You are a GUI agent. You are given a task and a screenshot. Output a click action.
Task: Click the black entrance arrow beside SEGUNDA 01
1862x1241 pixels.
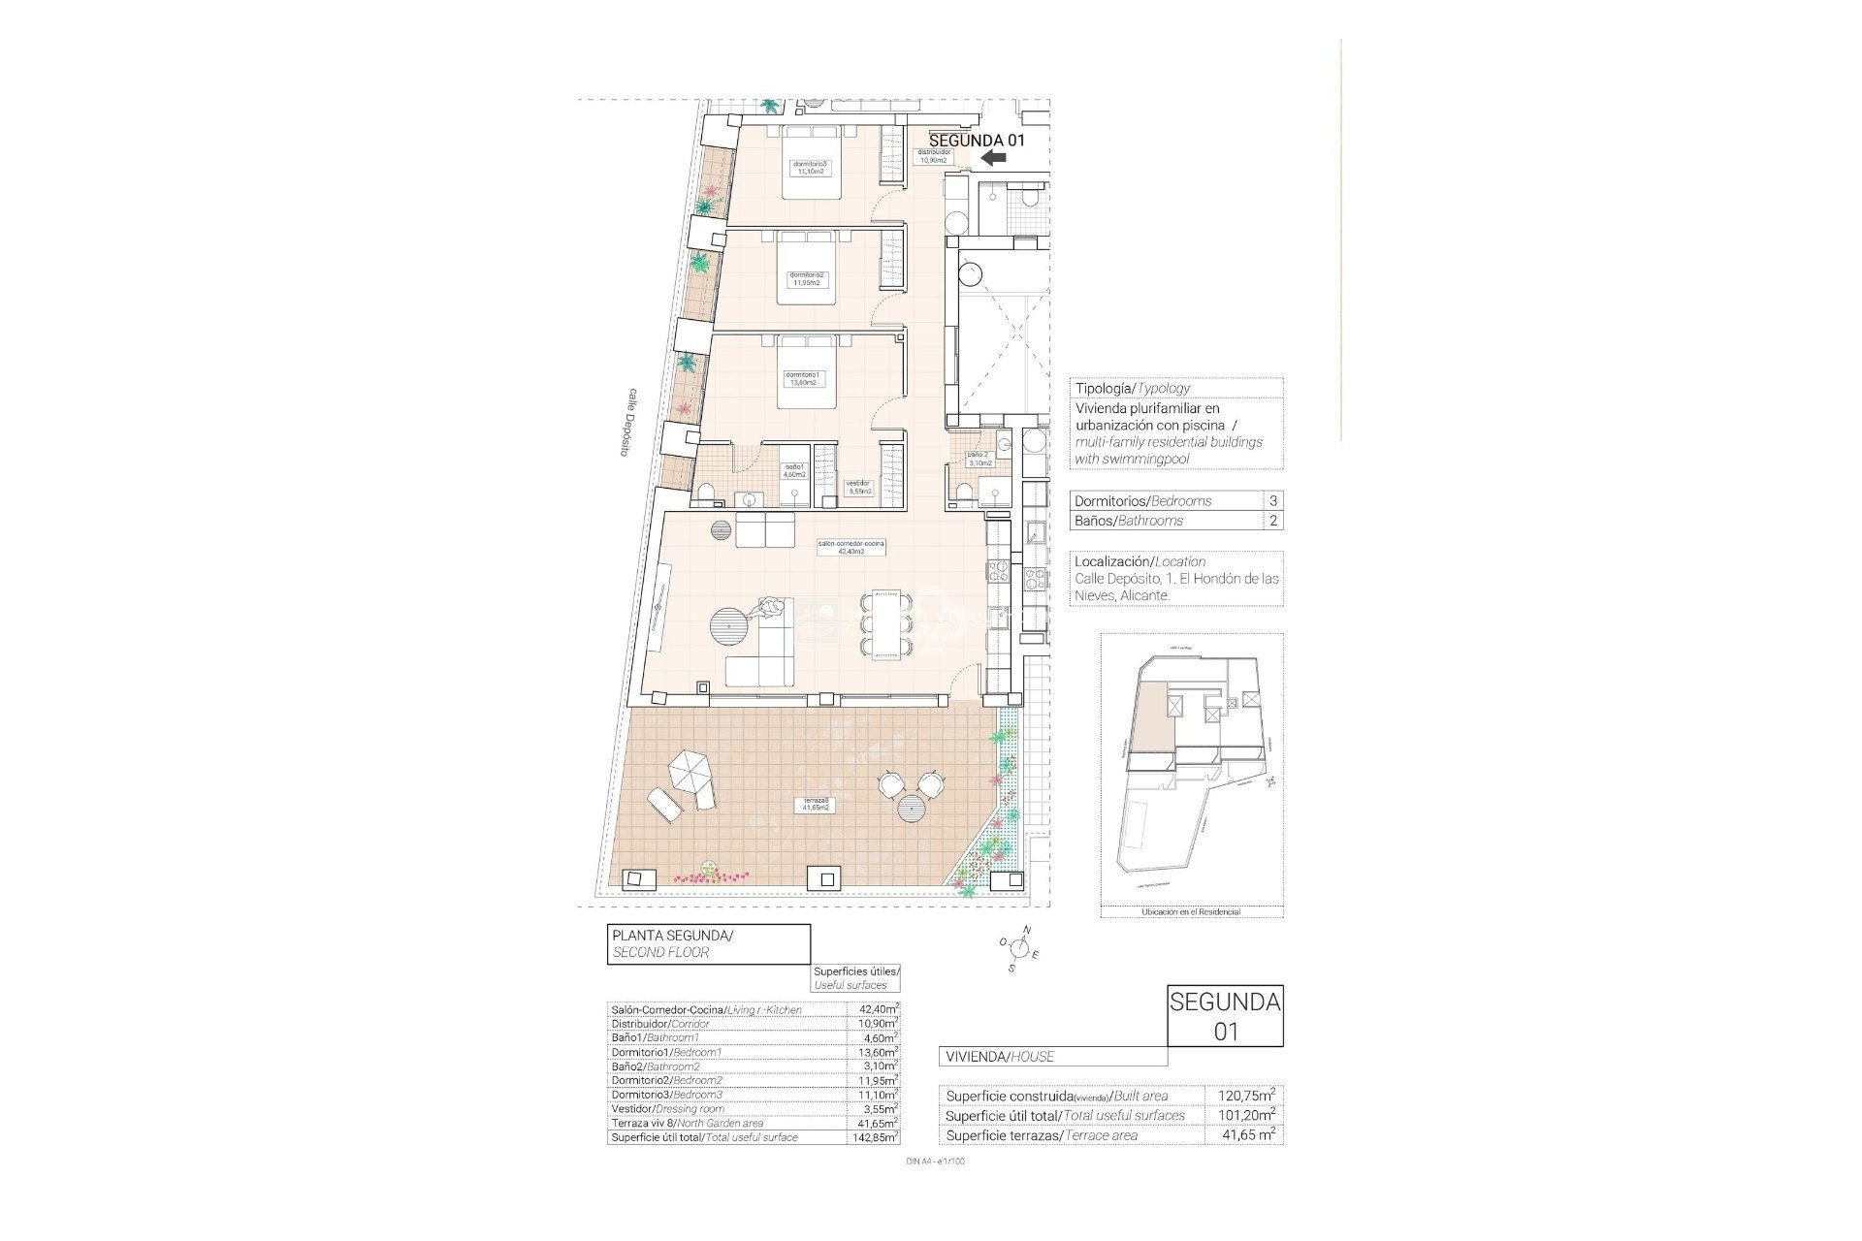[x=992, y=158]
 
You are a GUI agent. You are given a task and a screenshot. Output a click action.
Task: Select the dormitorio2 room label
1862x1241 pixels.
[x=807, y=278]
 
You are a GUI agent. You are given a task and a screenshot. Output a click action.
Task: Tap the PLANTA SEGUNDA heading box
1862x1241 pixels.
[x=709, y=943]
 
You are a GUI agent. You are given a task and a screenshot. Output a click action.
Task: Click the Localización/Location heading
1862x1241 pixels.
[x=1140, y=561]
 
